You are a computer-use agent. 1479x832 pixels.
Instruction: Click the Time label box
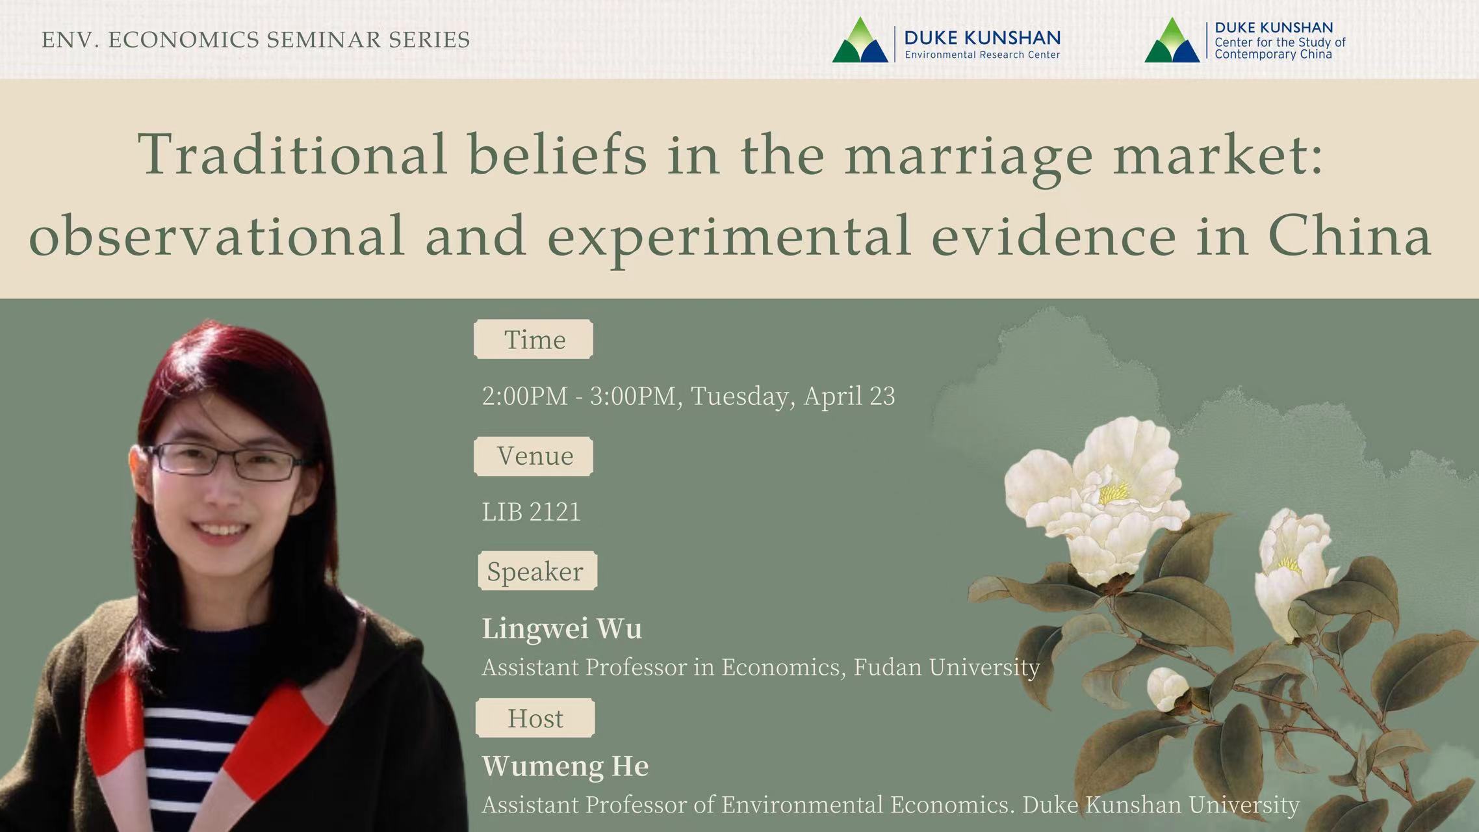[x=534, y=339]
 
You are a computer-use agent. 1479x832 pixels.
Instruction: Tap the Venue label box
[x=534, y=456]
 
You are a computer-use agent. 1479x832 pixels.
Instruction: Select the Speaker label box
[x=537, y=571]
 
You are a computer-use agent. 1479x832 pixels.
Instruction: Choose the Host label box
[x=535, y=718]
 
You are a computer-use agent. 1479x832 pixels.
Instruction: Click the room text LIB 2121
[x=531, y=512]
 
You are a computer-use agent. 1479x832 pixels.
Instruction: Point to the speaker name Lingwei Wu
[x=561, y=629]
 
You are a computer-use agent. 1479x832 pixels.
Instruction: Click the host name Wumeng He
[x=565, y=766]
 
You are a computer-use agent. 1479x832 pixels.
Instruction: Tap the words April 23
[x=849, y=396]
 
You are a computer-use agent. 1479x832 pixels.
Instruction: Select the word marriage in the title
[x=968, y=156]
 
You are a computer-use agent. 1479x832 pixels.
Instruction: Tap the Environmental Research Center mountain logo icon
[x=860, y=40]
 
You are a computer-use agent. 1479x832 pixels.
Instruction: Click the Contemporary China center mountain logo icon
[x=1172, y=40]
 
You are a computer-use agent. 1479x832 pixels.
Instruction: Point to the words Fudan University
[x=946, y=668]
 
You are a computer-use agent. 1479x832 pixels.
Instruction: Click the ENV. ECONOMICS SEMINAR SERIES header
[x=255, y=40]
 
